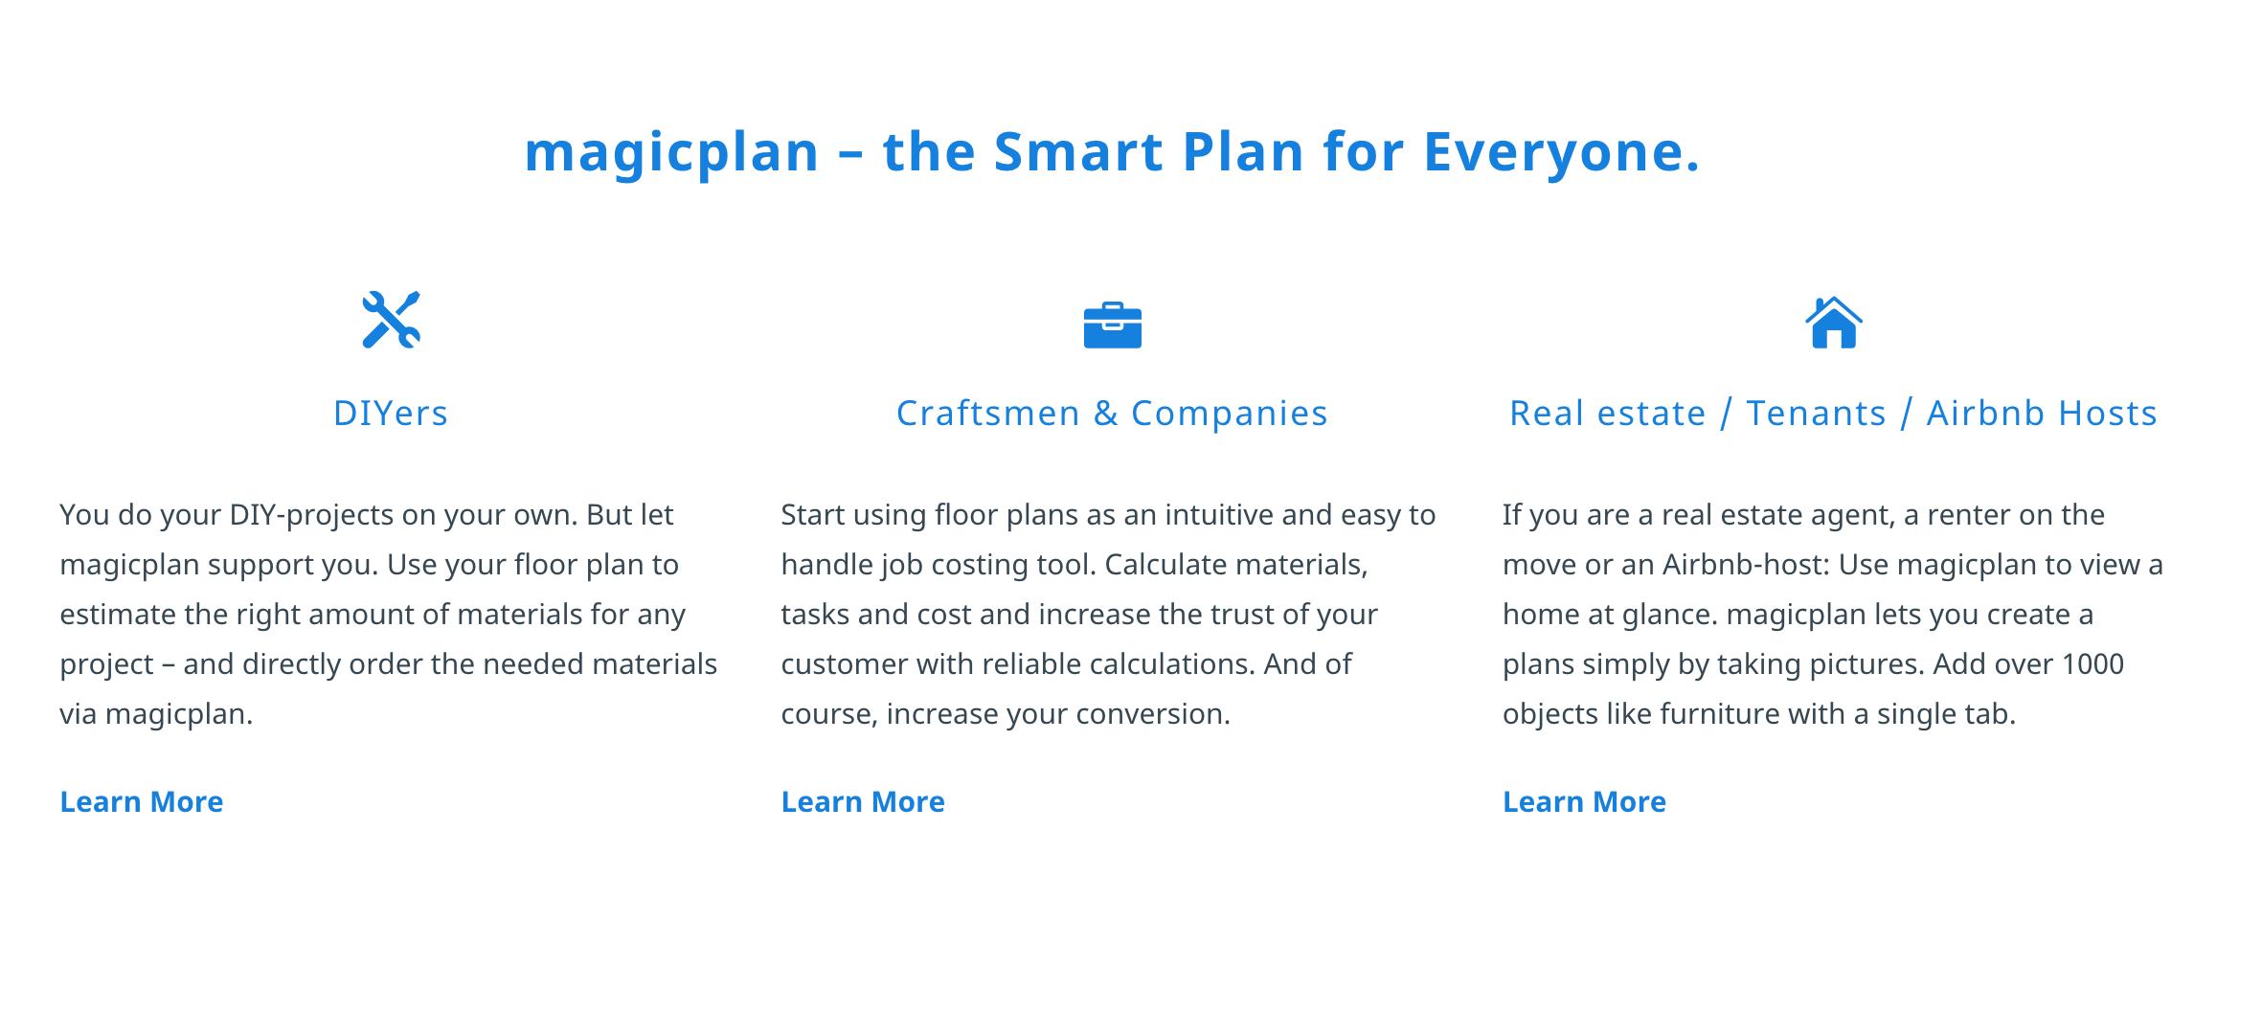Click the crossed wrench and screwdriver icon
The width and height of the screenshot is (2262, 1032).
coord(391,320)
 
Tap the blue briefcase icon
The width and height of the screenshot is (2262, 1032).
coord(1112,325)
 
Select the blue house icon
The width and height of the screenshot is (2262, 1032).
coord(1833,323)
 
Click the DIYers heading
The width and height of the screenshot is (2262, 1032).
coord(391,414)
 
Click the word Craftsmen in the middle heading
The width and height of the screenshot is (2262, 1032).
coord(988,414)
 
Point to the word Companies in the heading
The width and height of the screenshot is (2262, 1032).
coord(1230,414)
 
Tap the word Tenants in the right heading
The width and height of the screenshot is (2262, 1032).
coord(1816,414)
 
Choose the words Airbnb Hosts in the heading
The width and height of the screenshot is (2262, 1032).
coord(2042,414)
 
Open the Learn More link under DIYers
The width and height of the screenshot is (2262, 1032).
coord(142,801)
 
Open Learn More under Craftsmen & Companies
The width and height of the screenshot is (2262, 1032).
coord(863,801)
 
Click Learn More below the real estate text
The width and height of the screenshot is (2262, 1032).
coord(1584,801)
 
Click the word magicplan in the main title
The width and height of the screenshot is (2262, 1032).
coord(671,152)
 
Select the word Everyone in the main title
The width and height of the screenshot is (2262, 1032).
coord(1561,152)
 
